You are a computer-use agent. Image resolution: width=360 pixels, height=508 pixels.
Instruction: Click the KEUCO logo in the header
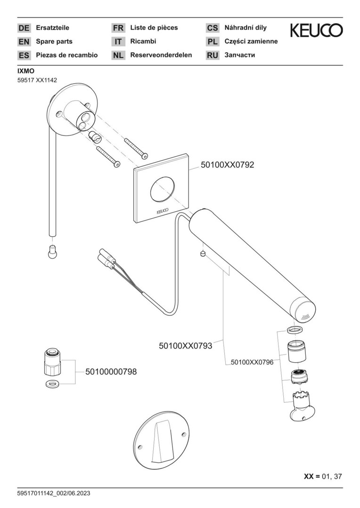pos(316,31)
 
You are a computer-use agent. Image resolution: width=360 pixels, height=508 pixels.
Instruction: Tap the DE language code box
pos(24,28)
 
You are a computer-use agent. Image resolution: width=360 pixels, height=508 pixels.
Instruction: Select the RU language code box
pos(213,55)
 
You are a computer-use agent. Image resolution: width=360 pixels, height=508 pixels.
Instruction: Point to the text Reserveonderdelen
pos(161,55)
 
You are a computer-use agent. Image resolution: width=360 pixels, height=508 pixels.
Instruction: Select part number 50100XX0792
pos(228,165)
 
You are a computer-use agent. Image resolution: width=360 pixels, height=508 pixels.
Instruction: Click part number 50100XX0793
pos(185,346)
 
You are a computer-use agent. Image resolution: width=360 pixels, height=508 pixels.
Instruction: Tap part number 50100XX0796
pos(252,362)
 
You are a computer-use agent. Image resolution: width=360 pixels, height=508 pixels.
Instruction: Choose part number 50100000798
pos(111,372)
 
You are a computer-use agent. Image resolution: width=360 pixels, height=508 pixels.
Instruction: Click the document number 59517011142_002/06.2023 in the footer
pos(54,493)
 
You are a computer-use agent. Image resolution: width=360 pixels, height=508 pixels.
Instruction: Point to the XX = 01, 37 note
pos(323,476)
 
